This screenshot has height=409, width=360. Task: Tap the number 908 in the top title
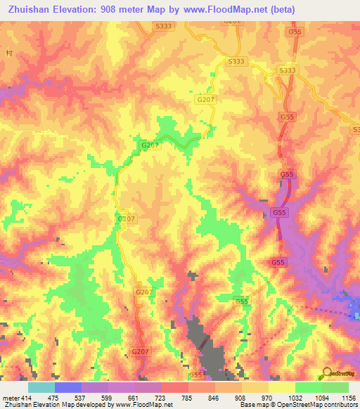pos(111,9)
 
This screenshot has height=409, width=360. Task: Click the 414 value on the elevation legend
pos(26,398)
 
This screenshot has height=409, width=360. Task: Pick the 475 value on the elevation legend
pos(53,398)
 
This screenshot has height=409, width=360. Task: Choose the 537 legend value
pos(80,398)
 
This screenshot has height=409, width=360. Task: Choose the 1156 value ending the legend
pos(347,398)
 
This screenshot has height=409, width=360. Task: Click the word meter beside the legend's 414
pos(11,398)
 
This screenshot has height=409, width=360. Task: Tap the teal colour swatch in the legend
pos(41,387)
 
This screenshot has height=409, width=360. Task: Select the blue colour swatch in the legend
pos(67,387)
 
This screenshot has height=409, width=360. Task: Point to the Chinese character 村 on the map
pos(9,53)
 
